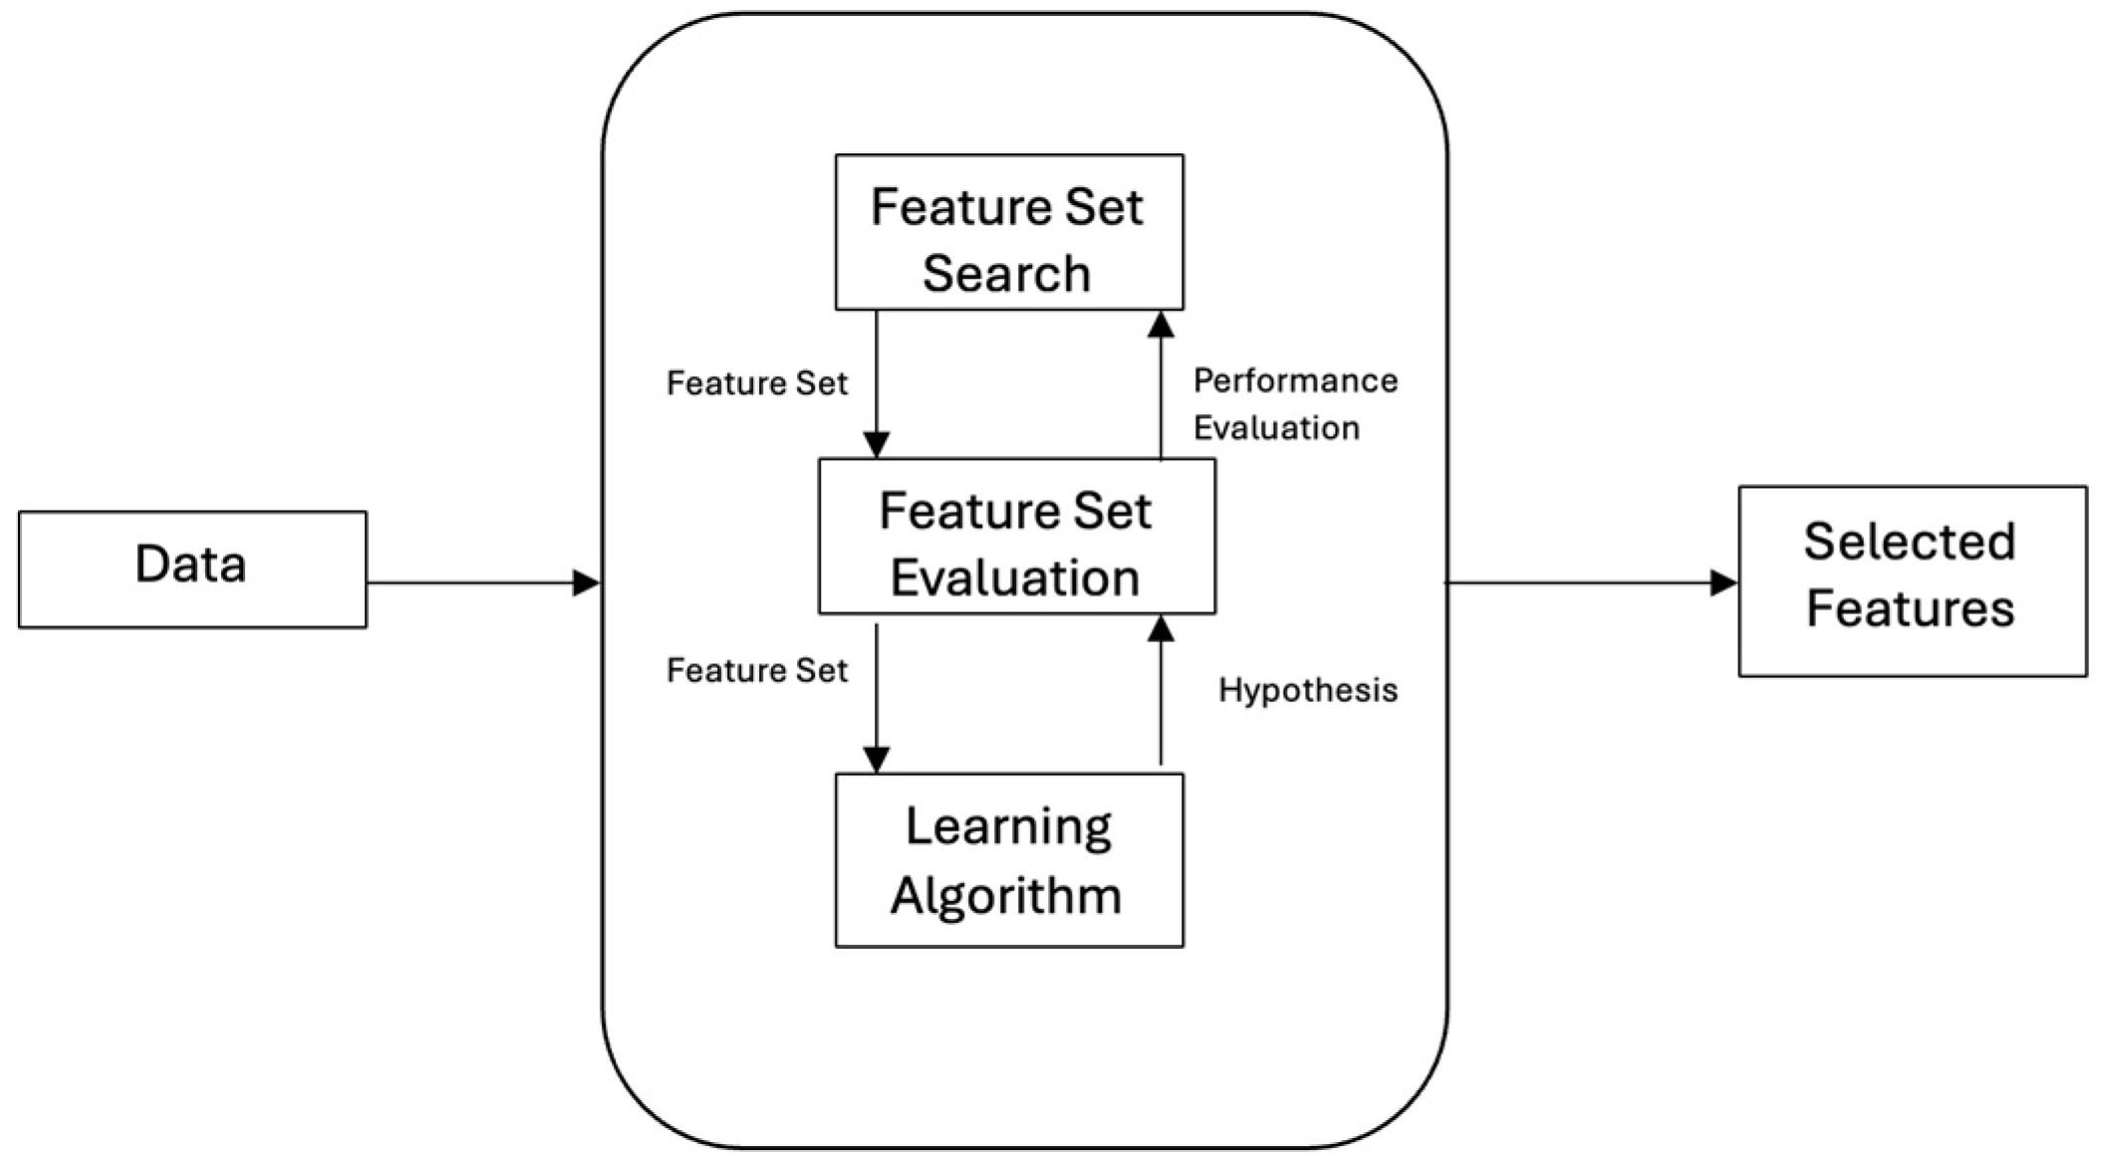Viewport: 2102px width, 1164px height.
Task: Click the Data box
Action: [x=191, y=569]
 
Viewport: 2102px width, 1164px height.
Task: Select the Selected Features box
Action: [x=1912, y=581]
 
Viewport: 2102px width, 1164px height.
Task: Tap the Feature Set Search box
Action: [x=1008, y=232]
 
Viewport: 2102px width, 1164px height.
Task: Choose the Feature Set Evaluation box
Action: [x=1016, y=537]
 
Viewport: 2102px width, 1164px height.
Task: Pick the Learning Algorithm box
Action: [x=1008, y=860]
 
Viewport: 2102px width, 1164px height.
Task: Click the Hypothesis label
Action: [x=1307, y=690]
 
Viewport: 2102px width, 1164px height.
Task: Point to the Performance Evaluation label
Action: [x=1294, y=404]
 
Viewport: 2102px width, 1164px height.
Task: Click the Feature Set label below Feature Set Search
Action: [x=756, y=383]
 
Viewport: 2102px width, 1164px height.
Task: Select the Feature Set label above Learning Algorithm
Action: [x=756, y=670]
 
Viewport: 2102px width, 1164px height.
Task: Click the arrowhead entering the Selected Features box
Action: [x=1723, y=582]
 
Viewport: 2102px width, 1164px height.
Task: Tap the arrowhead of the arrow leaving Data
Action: [x=586, y=582]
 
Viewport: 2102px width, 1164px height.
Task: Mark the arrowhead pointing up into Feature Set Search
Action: [x=1161, y=325]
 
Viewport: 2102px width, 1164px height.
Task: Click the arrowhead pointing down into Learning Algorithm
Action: [x=876, y=760]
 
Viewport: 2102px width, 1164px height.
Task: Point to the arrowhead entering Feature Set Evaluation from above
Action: [x=876, y=444]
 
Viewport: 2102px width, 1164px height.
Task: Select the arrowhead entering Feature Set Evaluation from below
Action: [x=1161, y=628]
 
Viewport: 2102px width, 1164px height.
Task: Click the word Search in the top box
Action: [x=1006, y=273]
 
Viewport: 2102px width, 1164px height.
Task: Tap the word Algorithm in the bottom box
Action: [x=1006, y=894]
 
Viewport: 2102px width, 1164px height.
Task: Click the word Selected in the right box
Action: [x=1909, y=542]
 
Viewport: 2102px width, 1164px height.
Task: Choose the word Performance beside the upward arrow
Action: [x=1294, y=380]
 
